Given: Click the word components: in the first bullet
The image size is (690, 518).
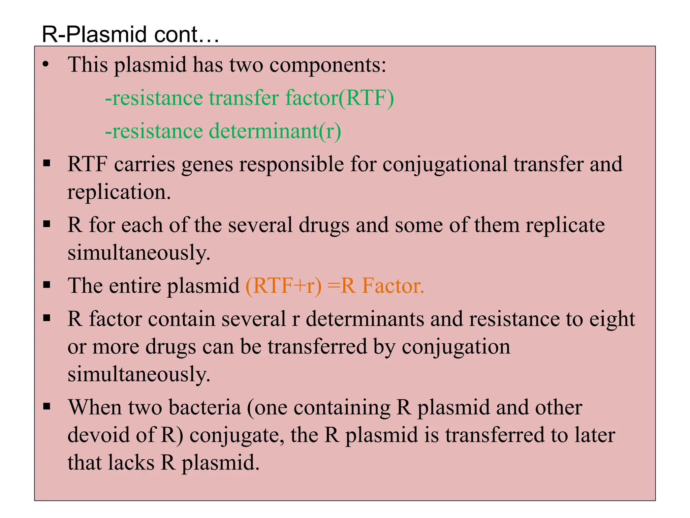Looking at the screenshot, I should click(x=327, y=65).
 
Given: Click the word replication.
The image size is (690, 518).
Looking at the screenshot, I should click(x=119, y=192).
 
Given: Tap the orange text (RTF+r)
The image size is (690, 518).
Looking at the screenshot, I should click(x=283, y=286).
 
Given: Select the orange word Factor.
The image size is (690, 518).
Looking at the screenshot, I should click(x=393, y=286).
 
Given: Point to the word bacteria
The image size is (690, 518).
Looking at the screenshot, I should click(x=205, y=407).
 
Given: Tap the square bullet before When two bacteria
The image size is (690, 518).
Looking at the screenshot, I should click(x=47, y=407).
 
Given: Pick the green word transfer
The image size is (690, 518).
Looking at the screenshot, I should click(x=244, y=98).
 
